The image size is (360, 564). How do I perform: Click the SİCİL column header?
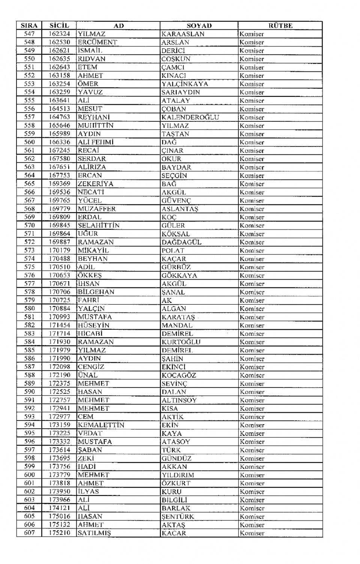click(x=59, y=26)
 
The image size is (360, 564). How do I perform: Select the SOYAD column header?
click(x=199, y=26)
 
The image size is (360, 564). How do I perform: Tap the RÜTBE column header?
click(x=280, y=26)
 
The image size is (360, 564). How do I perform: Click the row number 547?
click(x=29, y=34)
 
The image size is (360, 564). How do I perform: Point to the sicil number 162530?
click(x=59, y=42)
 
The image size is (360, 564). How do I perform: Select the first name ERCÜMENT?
click(x=97, y=42)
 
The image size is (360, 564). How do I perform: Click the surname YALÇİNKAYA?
click(x=185, y=84)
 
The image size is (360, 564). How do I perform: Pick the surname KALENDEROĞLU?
click(x=190, y=117)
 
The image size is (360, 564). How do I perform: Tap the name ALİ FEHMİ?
click(x=96, y=142)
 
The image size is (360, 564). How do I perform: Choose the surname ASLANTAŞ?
click(x=180, y=209)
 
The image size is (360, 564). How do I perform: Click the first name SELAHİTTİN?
click(x=99, y=226)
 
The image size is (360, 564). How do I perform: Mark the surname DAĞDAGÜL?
click(x=181, y=242)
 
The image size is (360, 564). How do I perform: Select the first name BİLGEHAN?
click(x=96, y=292)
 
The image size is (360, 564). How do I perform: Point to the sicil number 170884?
click(x=59, y=309)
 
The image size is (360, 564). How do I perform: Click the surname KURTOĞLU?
click(x=181, y=342)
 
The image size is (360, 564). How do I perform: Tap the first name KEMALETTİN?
click(x=101, y=425)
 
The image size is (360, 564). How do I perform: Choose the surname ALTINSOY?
click(x=179, y=400)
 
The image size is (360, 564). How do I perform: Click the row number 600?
click(x=29, y=475)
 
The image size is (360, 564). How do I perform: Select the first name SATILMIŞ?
click(x=94, y=533)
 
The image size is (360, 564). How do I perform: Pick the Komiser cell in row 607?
click(x=252, y=533)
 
